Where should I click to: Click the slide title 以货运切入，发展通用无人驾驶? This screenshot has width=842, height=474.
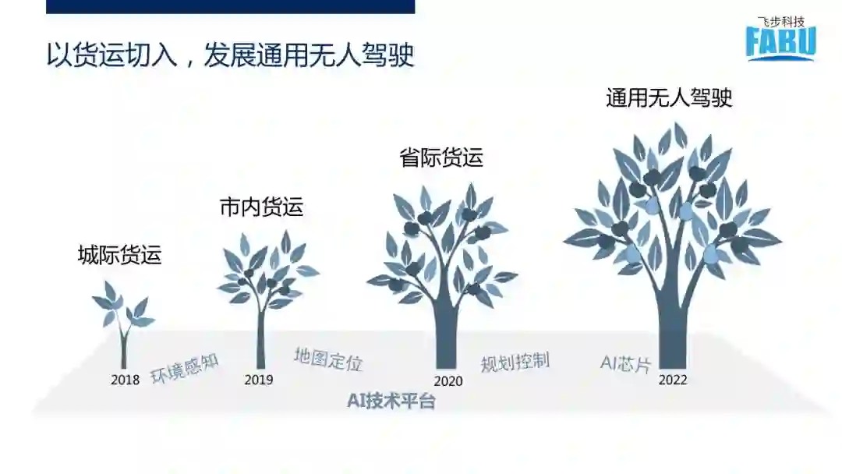click(230, 56)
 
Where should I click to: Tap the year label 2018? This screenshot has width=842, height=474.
click(125, 380)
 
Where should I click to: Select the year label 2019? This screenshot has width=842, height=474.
click(259, 380)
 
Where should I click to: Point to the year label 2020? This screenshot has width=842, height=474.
click(448, 381)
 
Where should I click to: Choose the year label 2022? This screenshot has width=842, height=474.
click(673, 380)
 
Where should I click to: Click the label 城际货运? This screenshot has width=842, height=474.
click(120, 255)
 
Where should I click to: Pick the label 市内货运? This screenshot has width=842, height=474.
click(261, 207)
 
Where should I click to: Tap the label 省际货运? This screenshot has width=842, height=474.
click(441, 157)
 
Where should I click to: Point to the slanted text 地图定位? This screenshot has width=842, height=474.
click(328, 359)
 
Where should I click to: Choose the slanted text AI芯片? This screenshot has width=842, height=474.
click(625, 363)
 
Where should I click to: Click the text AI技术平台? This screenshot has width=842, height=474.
click(391, 402)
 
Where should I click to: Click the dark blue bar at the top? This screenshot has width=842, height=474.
click(230, 6)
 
